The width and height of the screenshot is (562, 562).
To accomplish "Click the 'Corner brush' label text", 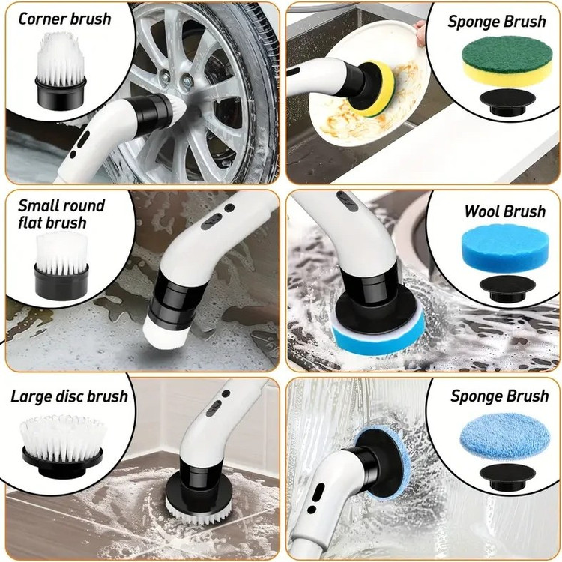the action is coord(64,19).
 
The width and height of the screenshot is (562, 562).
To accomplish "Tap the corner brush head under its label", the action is coord(61,70).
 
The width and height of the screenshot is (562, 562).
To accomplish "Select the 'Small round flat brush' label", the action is coord(61,214).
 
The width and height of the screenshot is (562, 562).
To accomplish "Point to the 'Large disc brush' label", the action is coord(69,396).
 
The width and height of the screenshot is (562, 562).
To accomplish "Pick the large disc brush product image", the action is coord(62,446).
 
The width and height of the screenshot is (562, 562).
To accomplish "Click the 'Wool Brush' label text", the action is coord(504,211).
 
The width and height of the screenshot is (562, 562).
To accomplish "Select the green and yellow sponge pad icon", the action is coord(507,61).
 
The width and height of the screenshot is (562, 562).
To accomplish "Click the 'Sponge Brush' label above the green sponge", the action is coord(497,22).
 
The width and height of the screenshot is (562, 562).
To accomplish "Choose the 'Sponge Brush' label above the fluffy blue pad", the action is coord(499,396).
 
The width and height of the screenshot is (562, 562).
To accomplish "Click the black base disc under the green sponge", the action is coord(507,103).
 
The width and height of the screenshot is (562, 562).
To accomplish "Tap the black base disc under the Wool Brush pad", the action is coord(507,288).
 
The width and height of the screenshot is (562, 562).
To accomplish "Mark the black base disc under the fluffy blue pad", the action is coord(507,477).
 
